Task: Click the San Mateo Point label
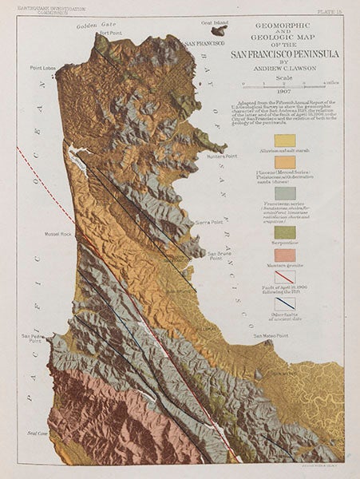[270, 336]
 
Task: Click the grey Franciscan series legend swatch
[285, 193]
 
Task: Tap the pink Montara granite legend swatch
[285, 255]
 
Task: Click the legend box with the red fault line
[285, 279]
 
